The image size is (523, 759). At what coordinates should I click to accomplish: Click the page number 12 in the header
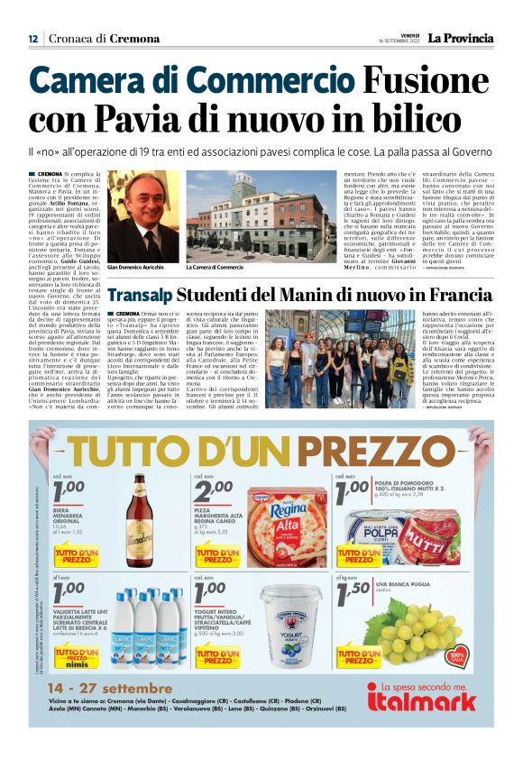33,38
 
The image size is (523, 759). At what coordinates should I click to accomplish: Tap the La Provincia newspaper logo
460,38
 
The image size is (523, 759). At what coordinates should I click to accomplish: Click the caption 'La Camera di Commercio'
216,268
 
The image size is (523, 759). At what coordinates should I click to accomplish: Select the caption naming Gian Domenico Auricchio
140,268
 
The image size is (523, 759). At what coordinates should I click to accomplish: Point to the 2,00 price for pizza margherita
214,491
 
